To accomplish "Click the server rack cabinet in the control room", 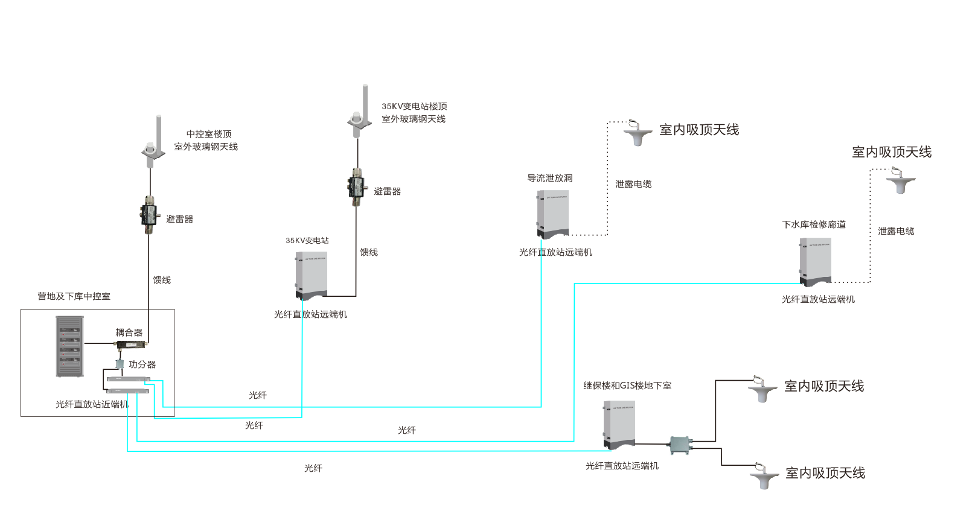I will click(69, 347).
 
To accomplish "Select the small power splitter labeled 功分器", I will click(120, 364).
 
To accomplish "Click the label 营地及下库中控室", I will click(74, 296).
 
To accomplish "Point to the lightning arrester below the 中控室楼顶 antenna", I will click(149, 215).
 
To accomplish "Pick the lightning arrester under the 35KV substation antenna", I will click(356, 187).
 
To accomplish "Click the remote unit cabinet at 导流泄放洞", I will click(553, 214).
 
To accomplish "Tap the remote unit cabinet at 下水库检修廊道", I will click(816, 261).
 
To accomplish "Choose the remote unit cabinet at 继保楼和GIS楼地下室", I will click(619, 425).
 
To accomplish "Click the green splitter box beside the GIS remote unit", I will click(681, 445).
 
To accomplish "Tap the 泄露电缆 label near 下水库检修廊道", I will click(896, 231).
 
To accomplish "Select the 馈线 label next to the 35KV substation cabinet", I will click(369, 252).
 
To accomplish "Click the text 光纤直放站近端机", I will click(92, 404).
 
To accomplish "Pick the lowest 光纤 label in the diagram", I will click(313, 468).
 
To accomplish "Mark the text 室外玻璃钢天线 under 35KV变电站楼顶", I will click(414, 119).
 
